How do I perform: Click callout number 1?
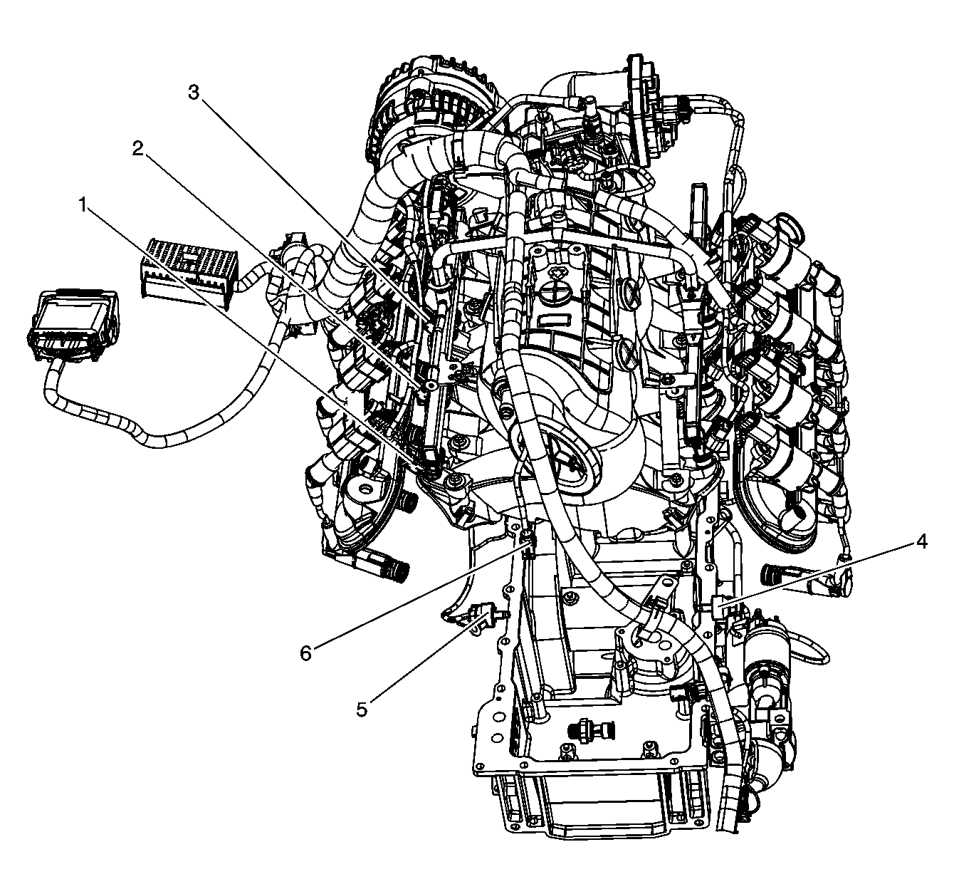(x=83, y=206)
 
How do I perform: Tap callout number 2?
(x=138, y=149)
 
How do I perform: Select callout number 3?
(x=194, y=93)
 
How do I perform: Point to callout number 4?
(x=921, y=542)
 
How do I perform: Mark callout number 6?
(x=306, y=653)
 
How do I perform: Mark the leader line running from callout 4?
(x=817, y=575)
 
